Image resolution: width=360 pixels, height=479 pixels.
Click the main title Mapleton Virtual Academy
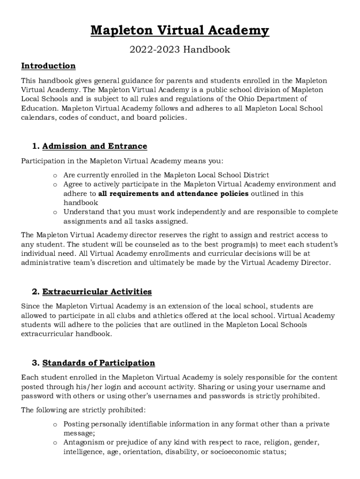tap(180, 31)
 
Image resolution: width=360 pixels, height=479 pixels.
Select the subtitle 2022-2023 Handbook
tap(180, 49)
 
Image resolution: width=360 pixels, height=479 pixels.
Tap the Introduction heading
tap(48, 66)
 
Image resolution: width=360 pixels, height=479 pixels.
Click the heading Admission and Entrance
tap(94, 146)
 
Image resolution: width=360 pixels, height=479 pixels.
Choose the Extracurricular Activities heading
tap(97, 292)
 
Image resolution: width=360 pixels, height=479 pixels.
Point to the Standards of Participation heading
tap(98, 363)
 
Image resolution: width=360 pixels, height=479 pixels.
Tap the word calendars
tap(39, 117)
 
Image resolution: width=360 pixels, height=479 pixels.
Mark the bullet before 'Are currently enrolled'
tap(55, 175)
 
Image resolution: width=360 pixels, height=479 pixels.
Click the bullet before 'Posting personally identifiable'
tap(55, 424)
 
